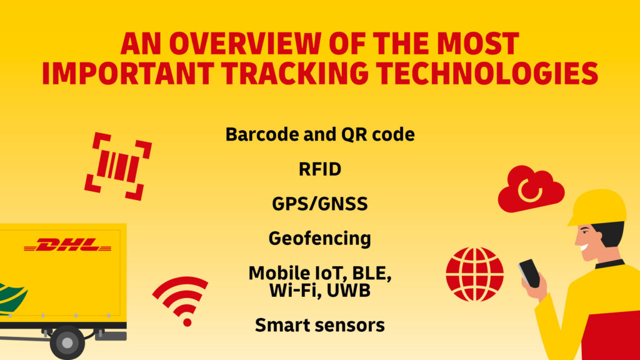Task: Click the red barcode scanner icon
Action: coord(118,166)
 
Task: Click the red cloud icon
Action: coord(531,189)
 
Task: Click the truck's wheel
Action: coord(67,342)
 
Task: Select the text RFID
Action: coord(320,169)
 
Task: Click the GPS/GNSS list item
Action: coord(320,204)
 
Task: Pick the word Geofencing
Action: coord(320,238)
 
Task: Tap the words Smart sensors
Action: coord(320,326)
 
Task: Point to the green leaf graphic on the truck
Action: coord(11,294)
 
